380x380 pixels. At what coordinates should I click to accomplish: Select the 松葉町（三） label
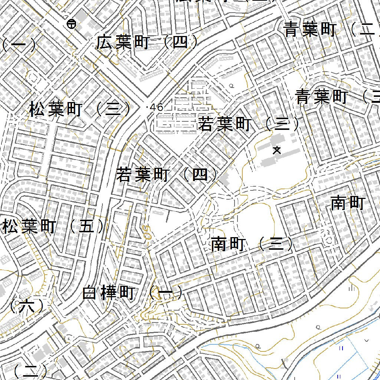pyautogui.click(x=80, y=110)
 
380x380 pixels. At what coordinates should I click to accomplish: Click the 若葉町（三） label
pyautogui.click(x=249, y=125)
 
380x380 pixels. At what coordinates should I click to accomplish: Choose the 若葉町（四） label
pyautogui.click(x=167, y=174)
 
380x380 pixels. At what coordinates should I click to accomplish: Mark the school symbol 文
pyautogui.click(x=276, y=150)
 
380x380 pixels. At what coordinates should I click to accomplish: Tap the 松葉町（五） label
pyautogui.click(x=53, y=227)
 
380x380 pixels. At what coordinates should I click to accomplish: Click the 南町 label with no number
pyautogui.click(x=348, y=203)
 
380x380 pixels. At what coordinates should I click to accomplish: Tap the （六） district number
pyautogui.click(x=27, y=306)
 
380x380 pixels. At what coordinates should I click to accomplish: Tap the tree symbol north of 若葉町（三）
pyautogui.click(x=232, y=86)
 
